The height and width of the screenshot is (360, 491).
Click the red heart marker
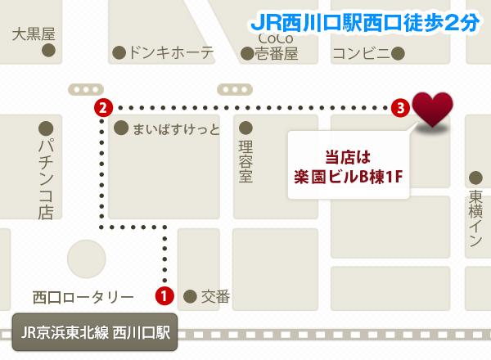pyautogui.click(x=431, y=110)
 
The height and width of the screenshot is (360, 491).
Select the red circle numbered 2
pyautogui.click(x=101, y=106)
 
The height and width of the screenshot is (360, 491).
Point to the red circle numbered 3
pyautogui.click(x=399, y=106)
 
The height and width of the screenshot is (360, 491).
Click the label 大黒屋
pyautogui.click(x=34, y=34)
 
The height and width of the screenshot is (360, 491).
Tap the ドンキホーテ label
pyautogui.click(x=172, y=53)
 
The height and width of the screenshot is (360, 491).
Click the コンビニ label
pyautogui.click(x=356, y=53)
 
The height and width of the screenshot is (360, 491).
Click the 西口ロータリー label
pyautogui.click(x=83, y=295)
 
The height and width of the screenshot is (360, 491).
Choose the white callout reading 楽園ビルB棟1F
pyautogui.click(x=349, y=164)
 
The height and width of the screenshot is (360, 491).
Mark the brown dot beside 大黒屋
pyautogui.click(x=49, y=52)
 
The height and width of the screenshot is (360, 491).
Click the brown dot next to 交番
pyautogui.click(x=190, y=295)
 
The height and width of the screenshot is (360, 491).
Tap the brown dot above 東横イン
pyautogui.click(x=475, y=176)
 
